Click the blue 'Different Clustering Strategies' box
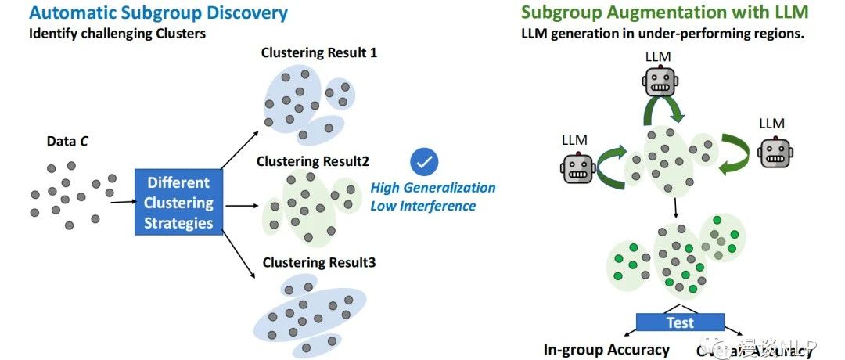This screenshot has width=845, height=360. [x=178, y=203]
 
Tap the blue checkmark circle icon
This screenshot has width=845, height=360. [x=424, y=161]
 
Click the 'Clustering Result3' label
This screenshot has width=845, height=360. [x=318, y=262]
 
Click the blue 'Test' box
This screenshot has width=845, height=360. [x=680, y=322]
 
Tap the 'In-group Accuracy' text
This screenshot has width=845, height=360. [x=606, y=350]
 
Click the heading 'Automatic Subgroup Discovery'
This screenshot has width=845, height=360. [x=159, y=13]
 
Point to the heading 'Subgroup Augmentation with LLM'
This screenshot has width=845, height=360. [x=665, y=13]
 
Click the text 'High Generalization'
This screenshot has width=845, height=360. [x=433, y=188]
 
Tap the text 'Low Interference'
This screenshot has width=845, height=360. [x=423, y=206]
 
